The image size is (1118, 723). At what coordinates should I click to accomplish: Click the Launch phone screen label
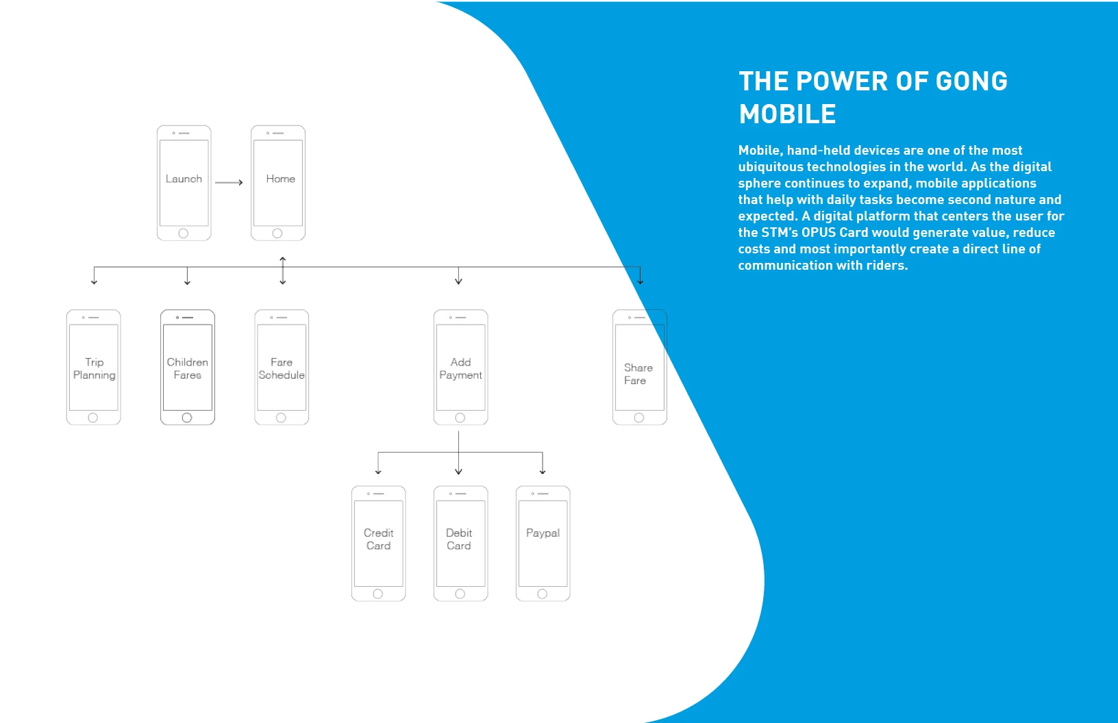click(184, 179)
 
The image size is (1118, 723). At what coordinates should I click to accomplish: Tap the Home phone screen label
click(280, 179)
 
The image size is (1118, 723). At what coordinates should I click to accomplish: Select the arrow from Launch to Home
click(229, 182)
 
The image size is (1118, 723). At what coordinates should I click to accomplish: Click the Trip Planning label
click(94, 368)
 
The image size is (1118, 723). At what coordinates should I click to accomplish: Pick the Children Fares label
click(187, 368)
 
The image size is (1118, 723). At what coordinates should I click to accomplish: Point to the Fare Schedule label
click(282, 368)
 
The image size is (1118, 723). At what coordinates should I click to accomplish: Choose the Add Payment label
click(460, 368)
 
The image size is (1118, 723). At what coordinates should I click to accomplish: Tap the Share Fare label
click(638, 374)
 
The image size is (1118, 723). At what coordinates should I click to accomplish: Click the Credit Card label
click(378, 539)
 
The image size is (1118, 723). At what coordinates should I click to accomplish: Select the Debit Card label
click(459, 539)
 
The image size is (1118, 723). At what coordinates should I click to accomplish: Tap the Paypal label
click(543, 533)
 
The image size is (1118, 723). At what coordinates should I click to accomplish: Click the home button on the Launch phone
click(183, 233)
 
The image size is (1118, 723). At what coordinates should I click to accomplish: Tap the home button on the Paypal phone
click(542, 594)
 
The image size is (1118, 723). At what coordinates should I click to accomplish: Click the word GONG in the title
click(971, 81)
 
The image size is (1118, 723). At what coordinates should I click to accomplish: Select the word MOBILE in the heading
click(787, 114)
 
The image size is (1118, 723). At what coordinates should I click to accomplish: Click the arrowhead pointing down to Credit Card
click(378, 472)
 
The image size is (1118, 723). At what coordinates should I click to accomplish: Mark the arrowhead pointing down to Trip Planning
click(94, 281)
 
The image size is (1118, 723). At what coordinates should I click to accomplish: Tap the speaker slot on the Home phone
click(279, 133)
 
